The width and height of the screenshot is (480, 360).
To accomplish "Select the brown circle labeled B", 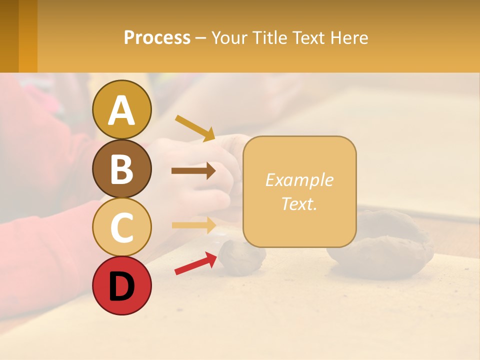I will [x=122, y=168].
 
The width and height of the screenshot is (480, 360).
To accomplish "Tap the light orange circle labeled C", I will [x=122, y=227].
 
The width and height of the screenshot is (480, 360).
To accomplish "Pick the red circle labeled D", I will [x=122, y=285].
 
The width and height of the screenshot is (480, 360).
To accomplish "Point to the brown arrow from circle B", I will [x=193, y=171].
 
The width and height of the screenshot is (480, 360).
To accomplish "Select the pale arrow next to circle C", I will [x=194, y=225].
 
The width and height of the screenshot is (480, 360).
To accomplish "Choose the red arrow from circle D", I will [x=195, y=263].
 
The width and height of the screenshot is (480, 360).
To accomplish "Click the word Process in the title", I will [x=157, y=37].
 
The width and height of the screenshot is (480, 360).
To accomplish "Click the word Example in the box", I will [x=299, y=180].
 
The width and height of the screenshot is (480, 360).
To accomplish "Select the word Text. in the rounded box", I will [x=299, y=203].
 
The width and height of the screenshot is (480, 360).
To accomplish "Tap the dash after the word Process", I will [x=200, y=38].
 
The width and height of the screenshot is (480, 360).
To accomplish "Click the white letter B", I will [x=121, y=169].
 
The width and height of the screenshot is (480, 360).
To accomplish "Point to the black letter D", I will [x=121, y=286].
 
